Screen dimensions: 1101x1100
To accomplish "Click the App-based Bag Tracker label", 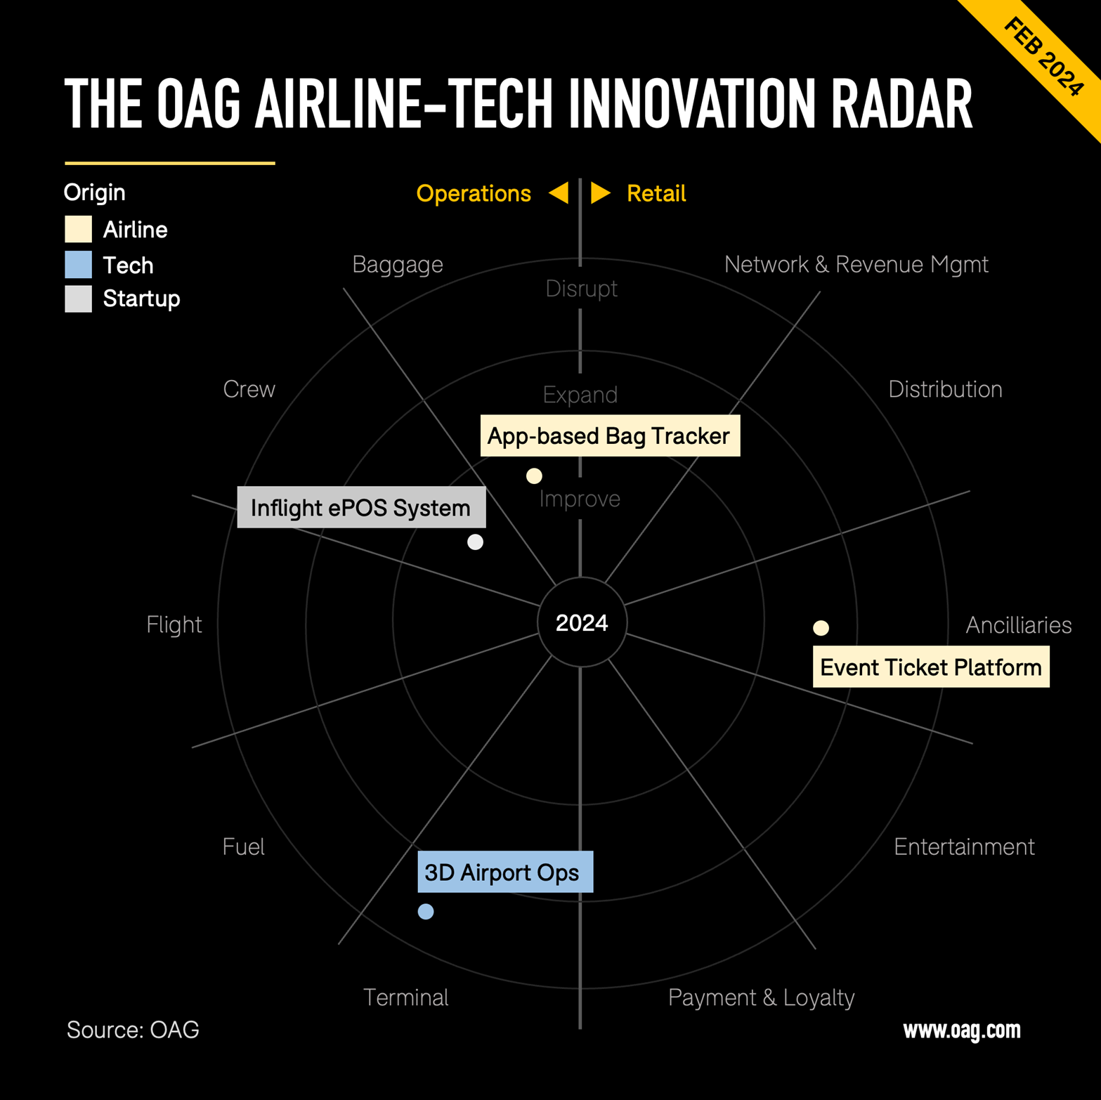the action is pos(610,436).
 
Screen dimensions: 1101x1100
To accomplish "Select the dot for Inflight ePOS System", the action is pos(476,542).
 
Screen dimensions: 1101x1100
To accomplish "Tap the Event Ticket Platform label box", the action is pos(931,667).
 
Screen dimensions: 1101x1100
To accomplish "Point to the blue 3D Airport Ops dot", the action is pos(426,912).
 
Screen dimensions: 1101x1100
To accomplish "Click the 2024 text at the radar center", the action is pos(582,622).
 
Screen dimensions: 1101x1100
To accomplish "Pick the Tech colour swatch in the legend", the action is pos(78,265).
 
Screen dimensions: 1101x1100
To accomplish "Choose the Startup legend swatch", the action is pos(78,299).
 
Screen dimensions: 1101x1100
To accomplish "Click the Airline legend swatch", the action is pos(78,229).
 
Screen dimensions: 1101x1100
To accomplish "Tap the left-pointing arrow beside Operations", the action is pos(559,192).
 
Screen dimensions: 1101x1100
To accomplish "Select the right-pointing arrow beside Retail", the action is pos(601,192).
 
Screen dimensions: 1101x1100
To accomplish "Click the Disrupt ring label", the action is pos(582,289).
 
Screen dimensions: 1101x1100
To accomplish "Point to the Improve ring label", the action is pos(580,499).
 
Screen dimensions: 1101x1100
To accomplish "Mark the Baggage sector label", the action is pos(398,265).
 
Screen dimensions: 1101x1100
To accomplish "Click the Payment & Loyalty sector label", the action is pos(761,997).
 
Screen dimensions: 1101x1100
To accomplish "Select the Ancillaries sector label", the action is pos(1019,624).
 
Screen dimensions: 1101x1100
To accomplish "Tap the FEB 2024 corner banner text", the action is pos(1043,58).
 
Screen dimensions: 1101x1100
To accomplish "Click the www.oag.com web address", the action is pos(962,1030).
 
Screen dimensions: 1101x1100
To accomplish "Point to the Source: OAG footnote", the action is pos(133,1030).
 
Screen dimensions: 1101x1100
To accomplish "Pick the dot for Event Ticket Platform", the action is pos(821,628).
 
